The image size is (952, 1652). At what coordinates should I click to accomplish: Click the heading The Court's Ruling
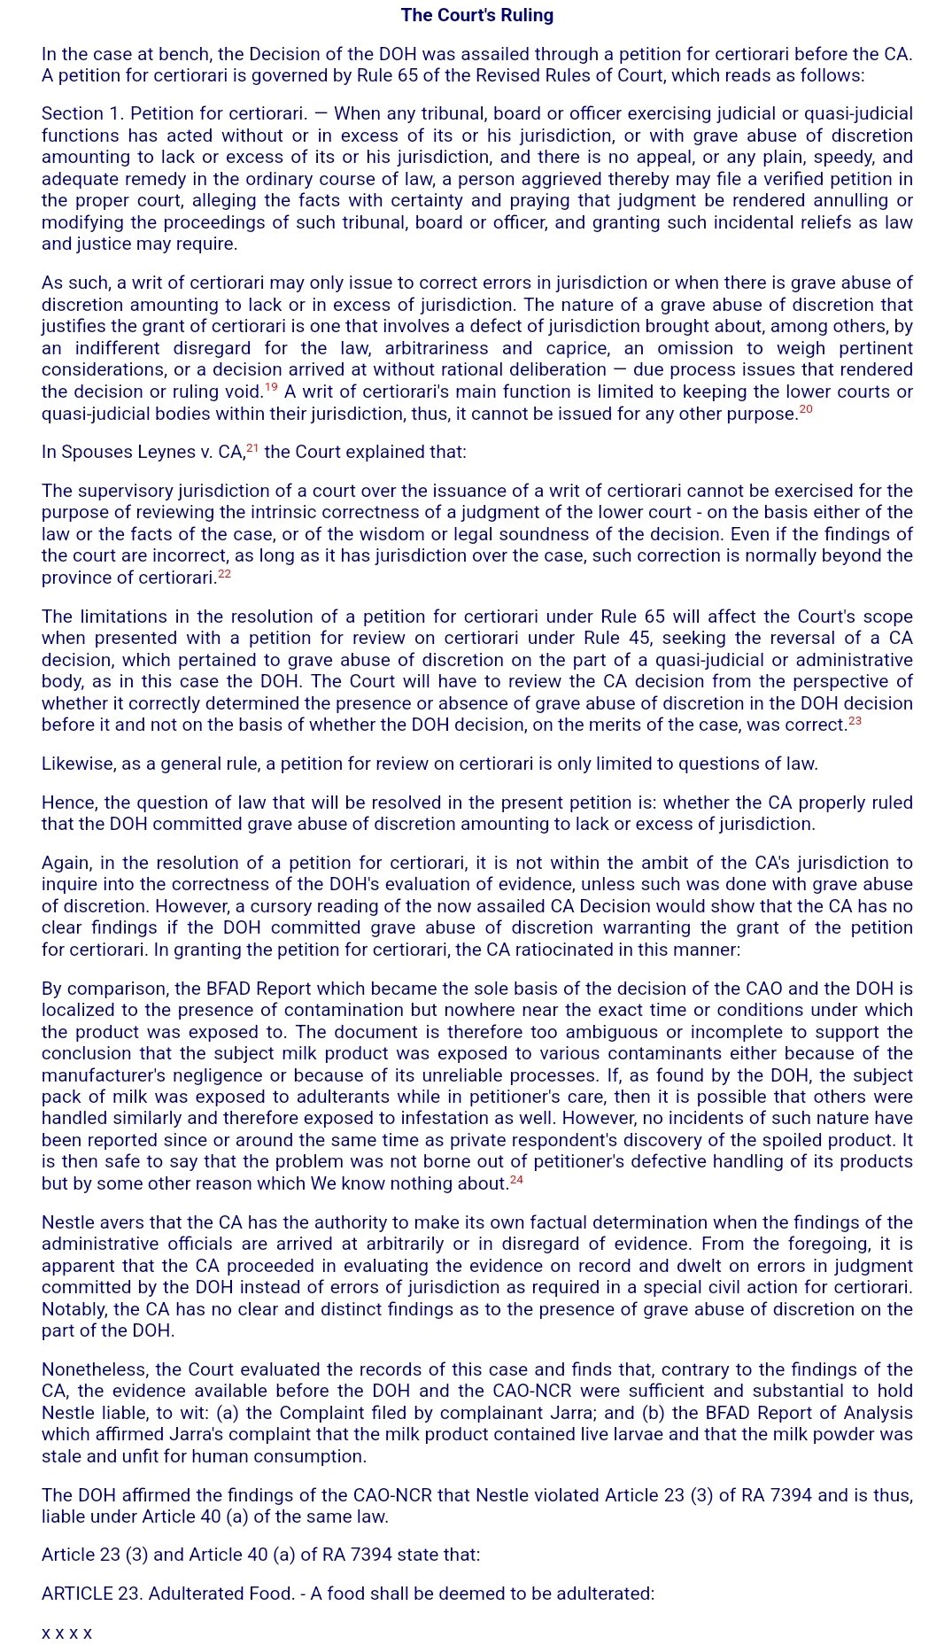pyautogui.click(x=476, y=15)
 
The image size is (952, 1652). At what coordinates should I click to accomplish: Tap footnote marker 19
pyautogui.click(x=271, y=387)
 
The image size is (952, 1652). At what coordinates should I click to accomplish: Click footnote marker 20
pyautogui.click(x=805, y=409)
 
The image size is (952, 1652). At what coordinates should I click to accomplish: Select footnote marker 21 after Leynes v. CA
pyautogui.click(x=252, y=448)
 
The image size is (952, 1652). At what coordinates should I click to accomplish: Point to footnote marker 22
pyautogui.click(x=224, y=574)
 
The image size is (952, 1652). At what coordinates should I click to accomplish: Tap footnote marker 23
pyautogui.click(x=855, y=721)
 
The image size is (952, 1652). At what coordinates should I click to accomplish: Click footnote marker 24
pyautogui.click(x=516, y=1180)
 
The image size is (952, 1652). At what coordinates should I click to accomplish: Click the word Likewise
pyautogui.click(x=75, y=764)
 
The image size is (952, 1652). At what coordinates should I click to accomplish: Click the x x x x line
pyautogui.click(x=66, y=1633)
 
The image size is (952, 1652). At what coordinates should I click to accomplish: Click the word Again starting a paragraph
pyautogui.click(x=66, y=863)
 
